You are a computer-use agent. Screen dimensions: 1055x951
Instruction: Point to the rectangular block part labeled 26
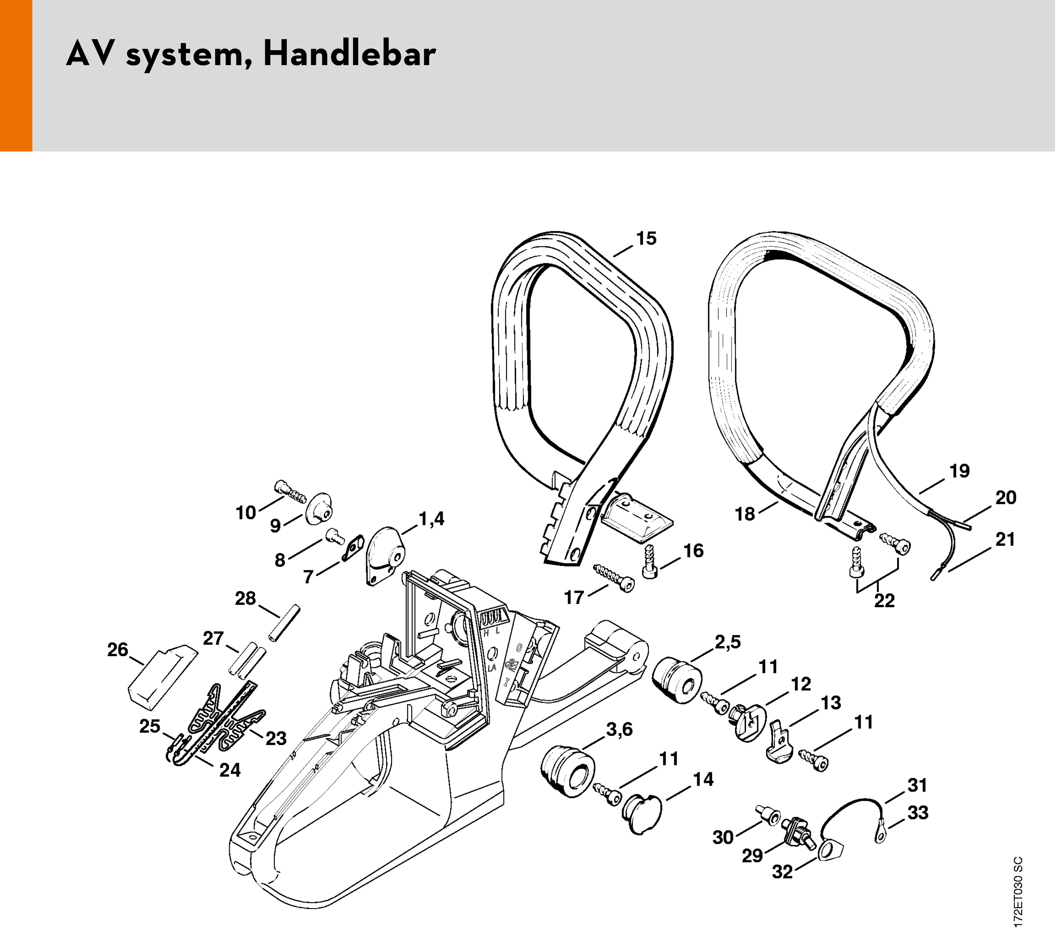pyautogui.click(x=163, y=673)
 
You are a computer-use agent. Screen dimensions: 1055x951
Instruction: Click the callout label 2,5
pyautogui.click(x=727, y=642)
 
